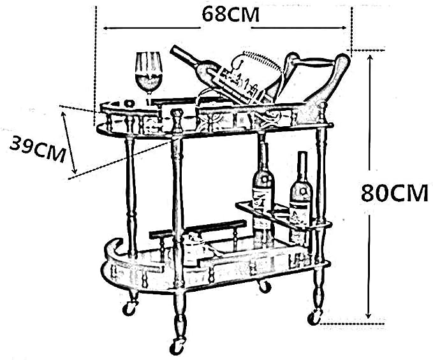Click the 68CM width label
click(x=231, y=15)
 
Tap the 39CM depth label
click(x=38, y=149)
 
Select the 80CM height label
click(x=394, y=193)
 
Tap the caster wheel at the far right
click(x=314, y=318)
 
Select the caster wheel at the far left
click(x=129, y=308)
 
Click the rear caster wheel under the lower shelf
click(x=264, y=285)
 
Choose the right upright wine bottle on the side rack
click(x=301, y=193)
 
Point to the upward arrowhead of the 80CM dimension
click(x=371, y=58)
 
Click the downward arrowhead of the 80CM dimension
click(x=369, y=315)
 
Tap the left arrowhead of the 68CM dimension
click(x=106, y=28)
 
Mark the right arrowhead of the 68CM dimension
click(x=343, y=27)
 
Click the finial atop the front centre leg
click(x=177, y=118)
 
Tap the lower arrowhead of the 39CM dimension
click(x=74, y=170)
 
